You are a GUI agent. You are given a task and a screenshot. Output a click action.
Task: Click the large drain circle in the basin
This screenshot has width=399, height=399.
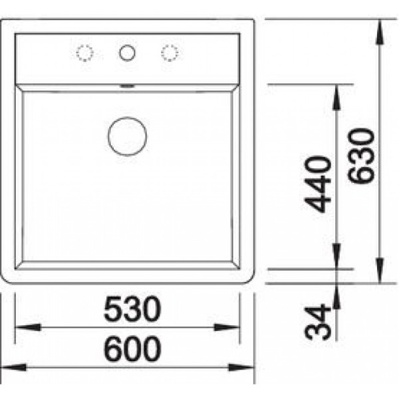click(127, 136)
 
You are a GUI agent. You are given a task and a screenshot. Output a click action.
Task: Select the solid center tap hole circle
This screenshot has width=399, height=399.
click(127, 53)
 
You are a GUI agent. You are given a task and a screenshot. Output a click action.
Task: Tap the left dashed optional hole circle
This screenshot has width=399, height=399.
click(86, 53)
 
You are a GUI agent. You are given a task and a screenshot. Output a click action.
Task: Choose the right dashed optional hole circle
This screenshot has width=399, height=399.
click(169, 53)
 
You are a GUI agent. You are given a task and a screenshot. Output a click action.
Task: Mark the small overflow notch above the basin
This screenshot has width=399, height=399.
click(127, 86)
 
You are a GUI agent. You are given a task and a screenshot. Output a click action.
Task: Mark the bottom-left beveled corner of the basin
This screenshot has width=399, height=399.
click(19, 265)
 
